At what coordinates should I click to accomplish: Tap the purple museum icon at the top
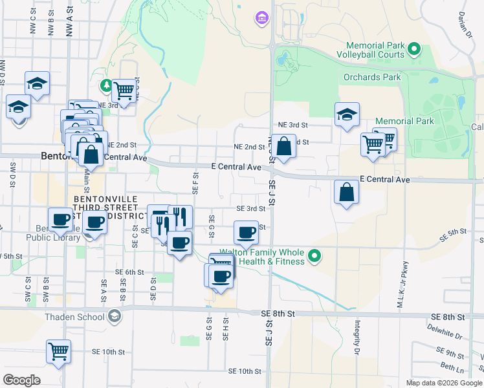tap(262, 17)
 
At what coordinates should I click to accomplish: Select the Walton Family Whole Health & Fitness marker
tap(314, 257)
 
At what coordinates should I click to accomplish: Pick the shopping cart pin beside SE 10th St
tap(58, 352)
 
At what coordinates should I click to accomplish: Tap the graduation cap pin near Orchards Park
tap(347, 115)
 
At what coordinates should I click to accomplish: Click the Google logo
tap(21, 380)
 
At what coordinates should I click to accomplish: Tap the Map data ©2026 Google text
tap(444, 383)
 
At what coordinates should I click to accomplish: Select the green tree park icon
tap(105, 85)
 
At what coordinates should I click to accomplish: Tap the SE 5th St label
tap(452, 235)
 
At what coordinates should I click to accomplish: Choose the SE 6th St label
tap(129, 272)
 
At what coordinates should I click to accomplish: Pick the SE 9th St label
tap(450, 353)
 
